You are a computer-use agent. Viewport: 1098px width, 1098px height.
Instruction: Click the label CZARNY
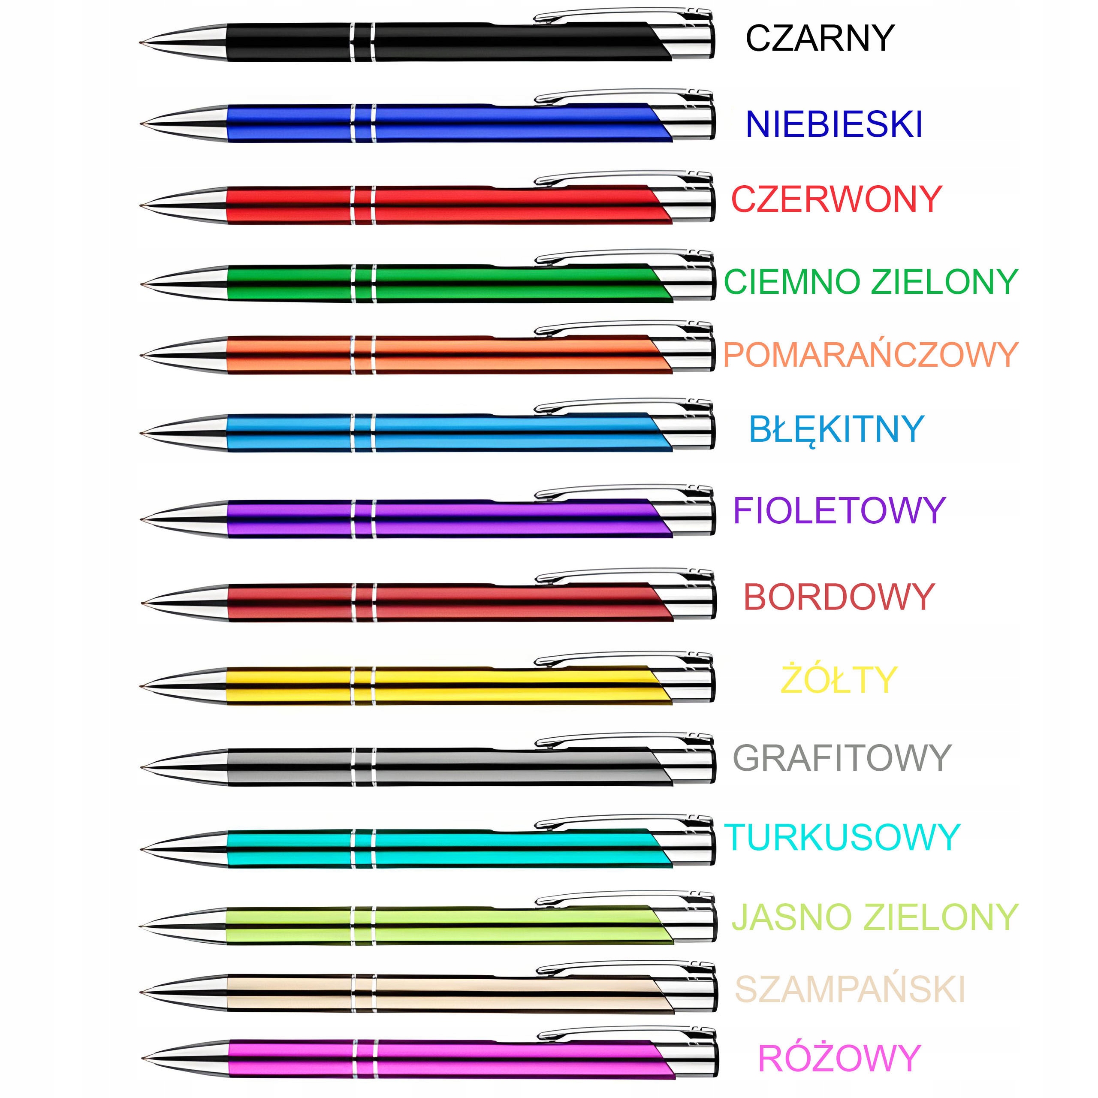pos(820,39)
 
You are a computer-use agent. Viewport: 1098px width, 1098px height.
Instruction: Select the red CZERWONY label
pos(836,199)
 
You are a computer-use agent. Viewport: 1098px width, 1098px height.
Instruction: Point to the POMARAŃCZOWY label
pos(870,355)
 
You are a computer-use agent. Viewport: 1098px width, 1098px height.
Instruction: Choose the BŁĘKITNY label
pos(836,430)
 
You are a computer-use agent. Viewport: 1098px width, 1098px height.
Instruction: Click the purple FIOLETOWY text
pos(839,510)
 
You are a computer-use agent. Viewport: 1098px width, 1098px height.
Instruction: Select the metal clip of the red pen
pos(619,177)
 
